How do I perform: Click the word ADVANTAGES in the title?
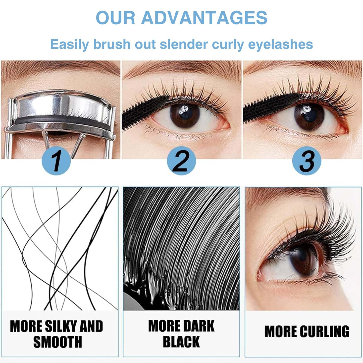(x=204, y=18)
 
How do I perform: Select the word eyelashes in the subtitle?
(x=280, y=44)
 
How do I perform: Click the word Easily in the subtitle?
(x=70, y=44)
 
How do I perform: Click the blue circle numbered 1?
(x=56, y=161)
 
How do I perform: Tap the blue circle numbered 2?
(x=181, y=161)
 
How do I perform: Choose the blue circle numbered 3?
(x=307, y=161)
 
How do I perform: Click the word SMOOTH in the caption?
(x=58, y=342)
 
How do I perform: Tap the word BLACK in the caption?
(x=181, y=342)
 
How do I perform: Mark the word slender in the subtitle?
(x=184, y=44)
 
